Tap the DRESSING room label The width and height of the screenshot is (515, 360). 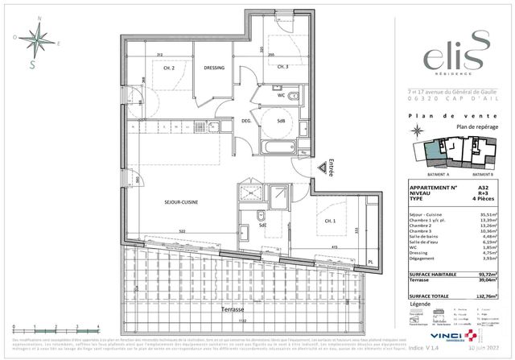[x=213, y=68]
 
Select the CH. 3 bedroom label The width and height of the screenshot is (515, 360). [x=283, y=67]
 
